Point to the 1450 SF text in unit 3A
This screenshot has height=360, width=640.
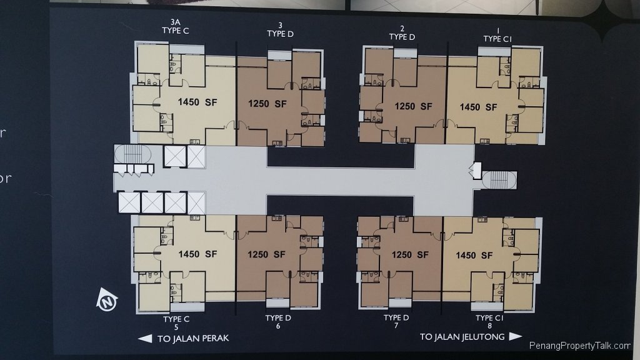coord(197,102)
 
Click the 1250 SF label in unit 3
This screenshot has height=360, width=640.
coord(267,104)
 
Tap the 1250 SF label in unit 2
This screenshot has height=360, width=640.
coord(413,106)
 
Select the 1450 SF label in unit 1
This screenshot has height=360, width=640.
coord(478,107)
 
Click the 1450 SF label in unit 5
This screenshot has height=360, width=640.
coord(197,254)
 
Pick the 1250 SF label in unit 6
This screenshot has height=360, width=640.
coord(267,254)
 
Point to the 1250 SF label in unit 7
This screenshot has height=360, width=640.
coord(410,254)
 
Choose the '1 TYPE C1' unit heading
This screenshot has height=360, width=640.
coord(498,34)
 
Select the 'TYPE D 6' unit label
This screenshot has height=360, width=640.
coord(279,322)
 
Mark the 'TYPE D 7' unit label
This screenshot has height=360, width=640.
coord(396,322)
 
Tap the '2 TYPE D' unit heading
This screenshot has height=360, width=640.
coord(402,32)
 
